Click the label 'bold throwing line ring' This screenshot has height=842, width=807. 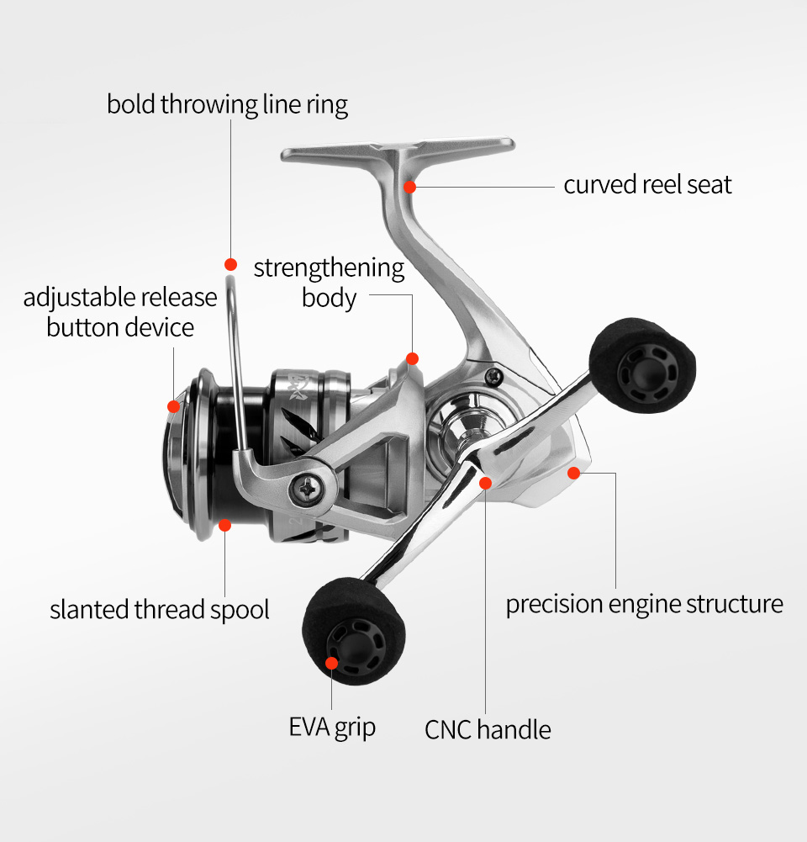coord(227,105)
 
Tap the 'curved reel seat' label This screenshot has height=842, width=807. coord(647,184)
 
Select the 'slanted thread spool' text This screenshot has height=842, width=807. coord(160,609)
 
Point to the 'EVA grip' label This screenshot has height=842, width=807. coord(332,727)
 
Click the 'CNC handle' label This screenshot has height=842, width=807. coord(488,729)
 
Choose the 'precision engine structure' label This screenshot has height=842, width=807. coord(644,604)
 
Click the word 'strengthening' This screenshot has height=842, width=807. coord(329,268)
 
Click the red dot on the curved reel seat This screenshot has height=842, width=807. coord(409,186)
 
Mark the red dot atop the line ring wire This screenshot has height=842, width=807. coord(230,264)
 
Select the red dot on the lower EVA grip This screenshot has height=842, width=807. coord(331,663)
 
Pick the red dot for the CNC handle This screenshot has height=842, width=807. coord(485,483)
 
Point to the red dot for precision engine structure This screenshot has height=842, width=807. coord(573,473)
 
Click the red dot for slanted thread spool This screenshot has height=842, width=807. coord(224,525)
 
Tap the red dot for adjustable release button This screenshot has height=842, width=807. coord(173,406)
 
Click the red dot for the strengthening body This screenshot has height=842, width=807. coord(412,359)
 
